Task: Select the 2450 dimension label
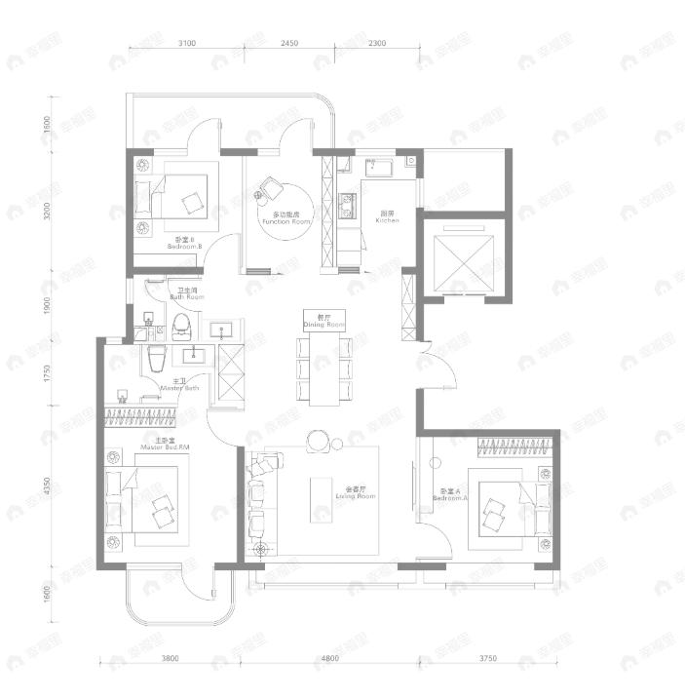point(288,43)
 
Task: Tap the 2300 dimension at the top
point(377,43)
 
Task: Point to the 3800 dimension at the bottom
point(170,658)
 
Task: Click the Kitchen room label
point(388,217)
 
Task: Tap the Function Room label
point(285,218)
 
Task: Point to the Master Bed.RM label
point(164,445)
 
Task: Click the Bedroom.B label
point(184,244)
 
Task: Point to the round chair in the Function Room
point(270,187)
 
